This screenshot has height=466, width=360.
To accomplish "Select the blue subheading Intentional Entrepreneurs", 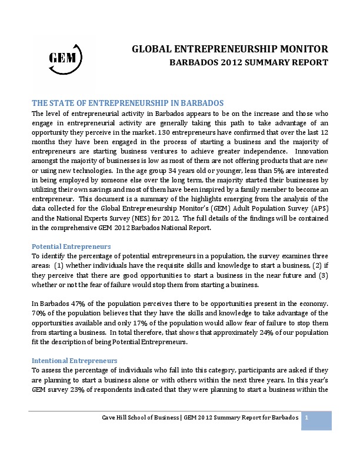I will [75, 360].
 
